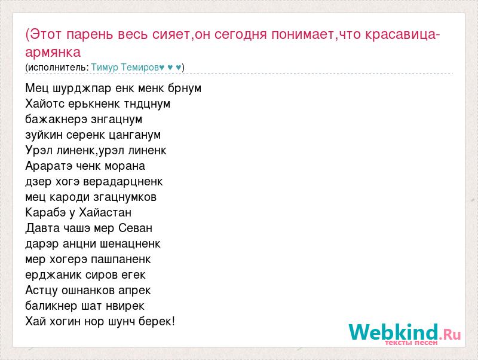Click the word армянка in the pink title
coord(53,53)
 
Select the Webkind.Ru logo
coord(405,334)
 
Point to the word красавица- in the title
coord(402,34)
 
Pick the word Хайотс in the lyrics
coord(45,103)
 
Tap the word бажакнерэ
coord(56,119)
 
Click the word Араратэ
coord(49,166)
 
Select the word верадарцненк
coord(123,182)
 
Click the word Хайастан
coord(105,213)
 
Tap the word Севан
coord(135,228)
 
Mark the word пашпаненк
coord(121,260)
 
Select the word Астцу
coord(42,291)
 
